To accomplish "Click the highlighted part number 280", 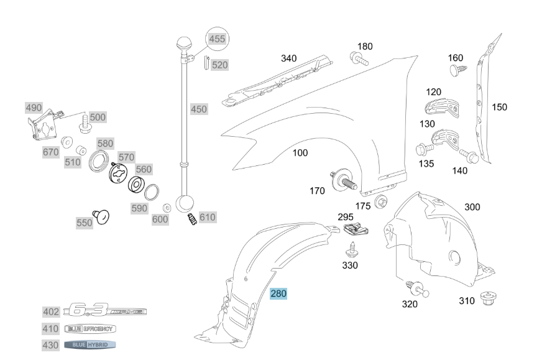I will click(278, 293).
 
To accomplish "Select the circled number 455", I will click(217, 39).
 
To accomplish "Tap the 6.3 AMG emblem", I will click(106, 310).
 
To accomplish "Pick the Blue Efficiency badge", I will click(90, 328).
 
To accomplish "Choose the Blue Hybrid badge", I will click(90, 344).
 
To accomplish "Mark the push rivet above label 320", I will click(416, 288).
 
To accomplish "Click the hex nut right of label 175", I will click(382, 202).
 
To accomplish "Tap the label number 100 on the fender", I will click(300, 153).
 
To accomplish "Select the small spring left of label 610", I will click(192, 219).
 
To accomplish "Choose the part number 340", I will click(288, 58).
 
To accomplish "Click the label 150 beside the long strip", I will click(499, 107).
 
